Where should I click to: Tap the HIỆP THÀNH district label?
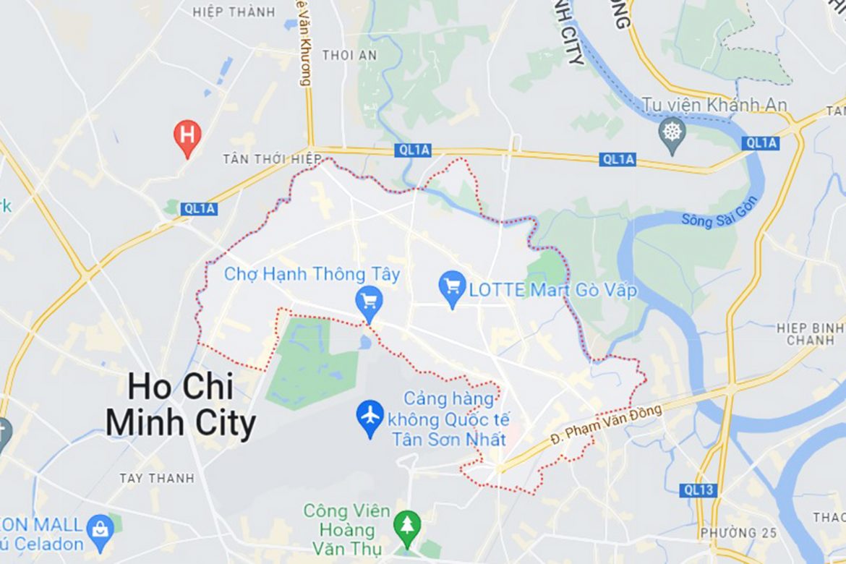[x=234, y=12]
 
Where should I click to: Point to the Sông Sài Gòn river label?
[x=720, y=211]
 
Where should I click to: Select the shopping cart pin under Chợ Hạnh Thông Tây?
[x=369, y=302]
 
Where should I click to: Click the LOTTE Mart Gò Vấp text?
[x=553, y=291]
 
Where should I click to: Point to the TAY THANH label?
[x=156, y=478]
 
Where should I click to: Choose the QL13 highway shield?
[x=698, y=490]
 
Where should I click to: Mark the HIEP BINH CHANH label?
[x=810, y=334]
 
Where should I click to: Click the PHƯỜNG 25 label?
[x=738, y=533]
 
